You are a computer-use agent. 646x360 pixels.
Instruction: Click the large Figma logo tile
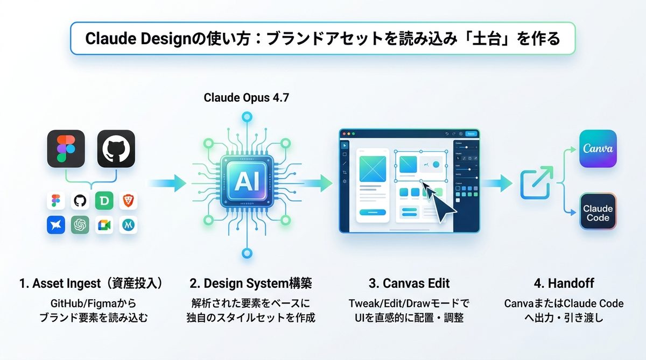66,148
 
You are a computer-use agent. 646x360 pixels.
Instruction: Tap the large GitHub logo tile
116,148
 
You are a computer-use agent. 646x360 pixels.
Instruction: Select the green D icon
103,201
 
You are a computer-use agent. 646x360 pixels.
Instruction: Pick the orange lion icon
128,201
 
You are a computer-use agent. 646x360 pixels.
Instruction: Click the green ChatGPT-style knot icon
80,225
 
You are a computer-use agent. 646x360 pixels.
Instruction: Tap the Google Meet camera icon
104,225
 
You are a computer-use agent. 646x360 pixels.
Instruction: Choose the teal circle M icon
128,224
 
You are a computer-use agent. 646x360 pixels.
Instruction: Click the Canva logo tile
598,148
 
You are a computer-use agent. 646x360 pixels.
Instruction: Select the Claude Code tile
598,213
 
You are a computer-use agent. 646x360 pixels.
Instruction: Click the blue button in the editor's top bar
471,133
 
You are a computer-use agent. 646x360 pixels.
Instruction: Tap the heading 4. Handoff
564,283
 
